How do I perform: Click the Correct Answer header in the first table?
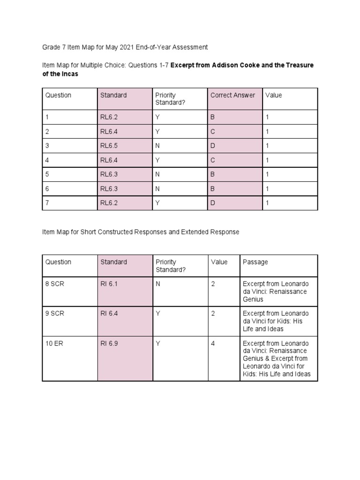[232, 95]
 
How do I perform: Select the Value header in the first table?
[274, 95]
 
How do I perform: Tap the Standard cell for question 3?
[109, 146]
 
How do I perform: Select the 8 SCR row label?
[54, 284]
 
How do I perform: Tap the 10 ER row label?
[53, 344]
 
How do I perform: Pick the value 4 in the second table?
[213, 344]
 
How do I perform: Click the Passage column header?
[255, 262]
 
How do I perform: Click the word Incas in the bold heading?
[69, 74]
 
